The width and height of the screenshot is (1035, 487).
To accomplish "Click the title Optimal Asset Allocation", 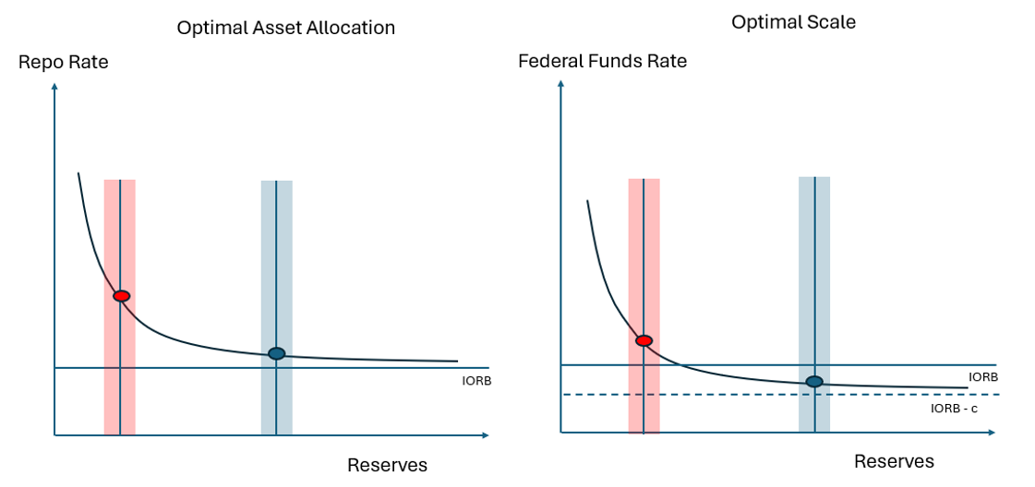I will (285, 28).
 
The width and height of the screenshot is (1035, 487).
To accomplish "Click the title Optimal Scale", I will (793, 21).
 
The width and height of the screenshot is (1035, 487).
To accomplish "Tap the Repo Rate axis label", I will (63, 63).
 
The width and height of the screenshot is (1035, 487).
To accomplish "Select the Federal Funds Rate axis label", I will (602, 62).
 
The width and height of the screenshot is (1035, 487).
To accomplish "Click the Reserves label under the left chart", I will (387, 465).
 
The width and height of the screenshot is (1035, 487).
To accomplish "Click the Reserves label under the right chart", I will (893, 461).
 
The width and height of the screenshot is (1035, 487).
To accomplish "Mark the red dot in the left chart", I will (121, 296).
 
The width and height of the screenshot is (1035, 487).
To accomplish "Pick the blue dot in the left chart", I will (276, 353).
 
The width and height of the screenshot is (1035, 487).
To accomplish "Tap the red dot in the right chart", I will (644, 341).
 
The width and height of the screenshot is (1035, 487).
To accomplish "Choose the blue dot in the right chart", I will (814, 382).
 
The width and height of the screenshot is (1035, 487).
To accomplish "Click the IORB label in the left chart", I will (475, 379).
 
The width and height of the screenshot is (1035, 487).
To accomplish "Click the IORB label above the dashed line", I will (982, 376).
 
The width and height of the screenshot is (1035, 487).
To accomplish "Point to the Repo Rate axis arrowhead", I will (55, 87).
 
